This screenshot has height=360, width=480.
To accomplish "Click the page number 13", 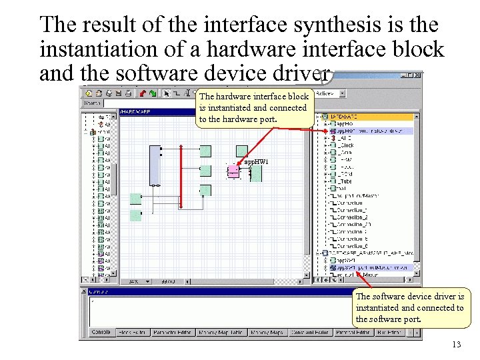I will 456,345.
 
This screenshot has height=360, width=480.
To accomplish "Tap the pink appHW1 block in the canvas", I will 233,172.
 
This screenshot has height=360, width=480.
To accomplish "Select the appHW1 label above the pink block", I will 257,162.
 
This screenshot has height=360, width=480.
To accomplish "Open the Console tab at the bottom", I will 101,332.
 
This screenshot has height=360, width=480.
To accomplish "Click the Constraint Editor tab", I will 310,332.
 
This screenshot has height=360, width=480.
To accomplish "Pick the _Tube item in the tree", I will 345,181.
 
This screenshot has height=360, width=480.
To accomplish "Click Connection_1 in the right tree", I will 353,209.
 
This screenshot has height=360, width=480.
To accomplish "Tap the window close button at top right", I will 417,75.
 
